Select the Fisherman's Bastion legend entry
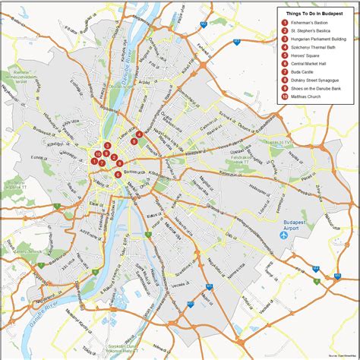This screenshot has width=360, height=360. coord(308,23)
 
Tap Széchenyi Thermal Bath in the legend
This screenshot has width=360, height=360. coord(313,46)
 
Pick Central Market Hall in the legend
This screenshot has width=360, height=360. coord(308,63)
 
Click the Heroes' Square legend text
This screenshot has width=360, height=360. coord(305,55)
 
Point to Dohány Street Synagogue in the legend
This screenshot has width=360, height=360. coord(313,80)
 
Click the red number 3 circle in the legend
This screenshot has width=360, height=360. coord(284,38)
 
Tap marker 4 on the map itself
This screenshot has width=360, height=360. coord(139,134)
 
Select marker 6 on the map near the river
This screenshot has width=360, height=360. coord(118,175)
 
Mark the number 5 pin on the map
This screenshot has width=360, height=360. coord(134,141)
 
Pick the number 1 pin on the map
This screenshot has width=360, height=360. coord(94,160)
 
